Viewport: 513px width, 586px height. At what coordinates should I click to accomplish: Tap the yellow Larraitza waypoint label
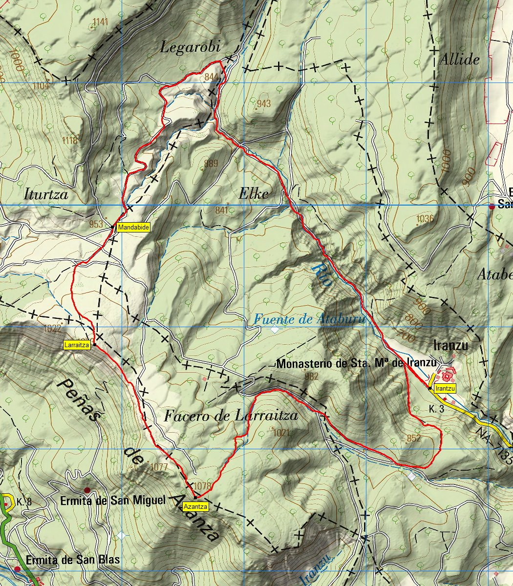coord(77,345)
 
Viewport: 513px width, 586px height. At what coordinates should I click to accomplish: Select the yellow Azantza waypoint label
coord(195,507)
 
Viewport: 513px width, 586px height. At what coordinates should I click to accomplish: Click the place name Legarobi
coord(191,47)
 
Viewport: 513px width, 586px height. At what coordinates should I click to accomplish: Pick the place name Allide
coord(459,60)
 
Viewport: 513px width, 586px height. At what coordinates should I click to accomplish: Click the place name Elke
coord(254,194)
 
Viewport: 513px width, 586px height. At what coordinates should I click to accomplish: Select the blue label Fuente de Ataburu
coord(309,319)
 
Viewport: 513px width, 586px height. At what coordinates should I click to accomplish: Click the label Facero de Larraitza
coord(231,416)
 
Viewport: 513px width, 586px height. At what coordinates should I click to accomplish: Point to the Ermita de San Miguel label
coord(113,501)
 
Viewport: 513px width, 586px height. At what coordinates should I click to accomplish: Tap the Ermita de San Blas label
coord(73,560)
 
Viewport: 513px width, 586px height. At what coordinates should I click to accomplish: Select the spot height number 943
coord(263,104)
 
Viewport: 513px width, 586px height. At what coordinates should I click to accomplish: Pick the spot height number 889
coord(211,164)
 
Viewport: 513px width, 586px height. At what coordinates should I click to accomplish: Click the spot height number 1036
coord(426,219)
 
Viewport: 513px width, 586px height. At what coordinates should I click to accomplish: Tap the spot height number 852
coord(413,438)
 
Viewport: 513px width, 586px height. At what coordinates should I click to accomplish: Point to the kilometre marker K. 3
coord(436,409)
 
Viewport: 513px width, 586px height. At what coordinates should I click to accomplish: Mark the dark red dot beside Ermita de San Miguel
coord(87,490)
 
